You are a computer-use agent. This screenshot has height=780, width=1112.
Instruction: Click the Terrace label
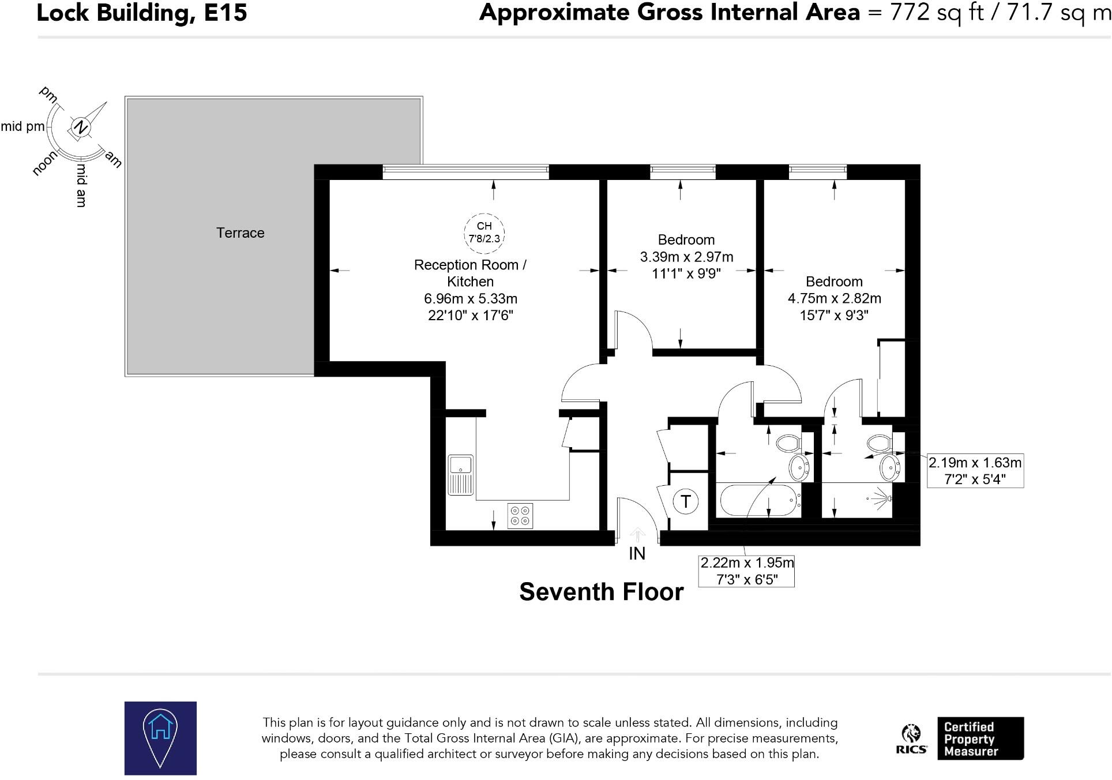coord(240,233)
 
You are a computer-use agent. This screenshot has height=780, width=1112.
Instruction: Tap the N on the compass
coord(81,127)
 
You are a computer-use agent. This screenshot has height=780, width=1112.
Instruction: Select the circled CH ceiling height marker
coord(484,232)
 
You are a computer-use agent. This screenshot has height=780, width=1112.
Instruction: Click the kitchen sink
coord(461,475)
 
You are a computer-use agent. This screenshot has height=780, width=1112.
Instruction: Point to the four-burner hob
coord(520,516)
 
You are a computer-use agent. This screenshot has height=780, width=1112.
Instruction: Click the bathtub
coord(759,500)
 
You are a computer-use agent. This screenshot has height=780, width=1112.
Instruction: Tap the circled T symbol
coord(686,501)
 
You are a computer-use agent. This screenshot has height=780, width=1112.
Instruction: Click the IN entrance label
coord(637,554)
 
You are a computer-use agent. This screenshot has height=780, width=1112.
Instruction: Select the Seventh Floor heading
coord(602,592)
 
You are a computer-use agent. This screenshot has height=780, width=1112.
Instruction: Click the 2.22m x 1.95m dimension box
coord(746,571)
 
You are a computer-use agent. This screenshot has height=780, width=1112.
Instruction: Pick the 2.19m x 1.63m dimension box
coord(975,471)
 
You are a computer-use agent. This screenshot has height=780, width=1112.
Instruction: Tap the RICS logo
coord(911,739)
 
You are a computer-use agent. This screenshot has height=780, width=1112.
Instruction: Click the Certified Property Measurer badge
coord(980,738)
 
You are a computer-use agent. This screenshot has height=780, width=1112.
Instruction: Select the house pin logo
coord(160,738)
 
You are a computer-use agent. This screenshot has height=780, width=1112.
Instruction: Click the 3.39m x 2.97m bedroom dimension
coord(686,257)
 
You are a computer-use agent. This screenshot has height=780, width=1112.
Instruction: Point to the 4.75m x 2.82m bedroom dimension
coord(835,298)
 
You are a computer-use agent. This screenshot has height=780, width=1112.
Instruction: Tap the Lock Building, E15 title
coord(142,13)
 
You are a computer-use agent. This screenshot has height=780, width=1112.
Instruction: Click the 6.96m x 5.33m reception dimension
coord(471,299)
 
